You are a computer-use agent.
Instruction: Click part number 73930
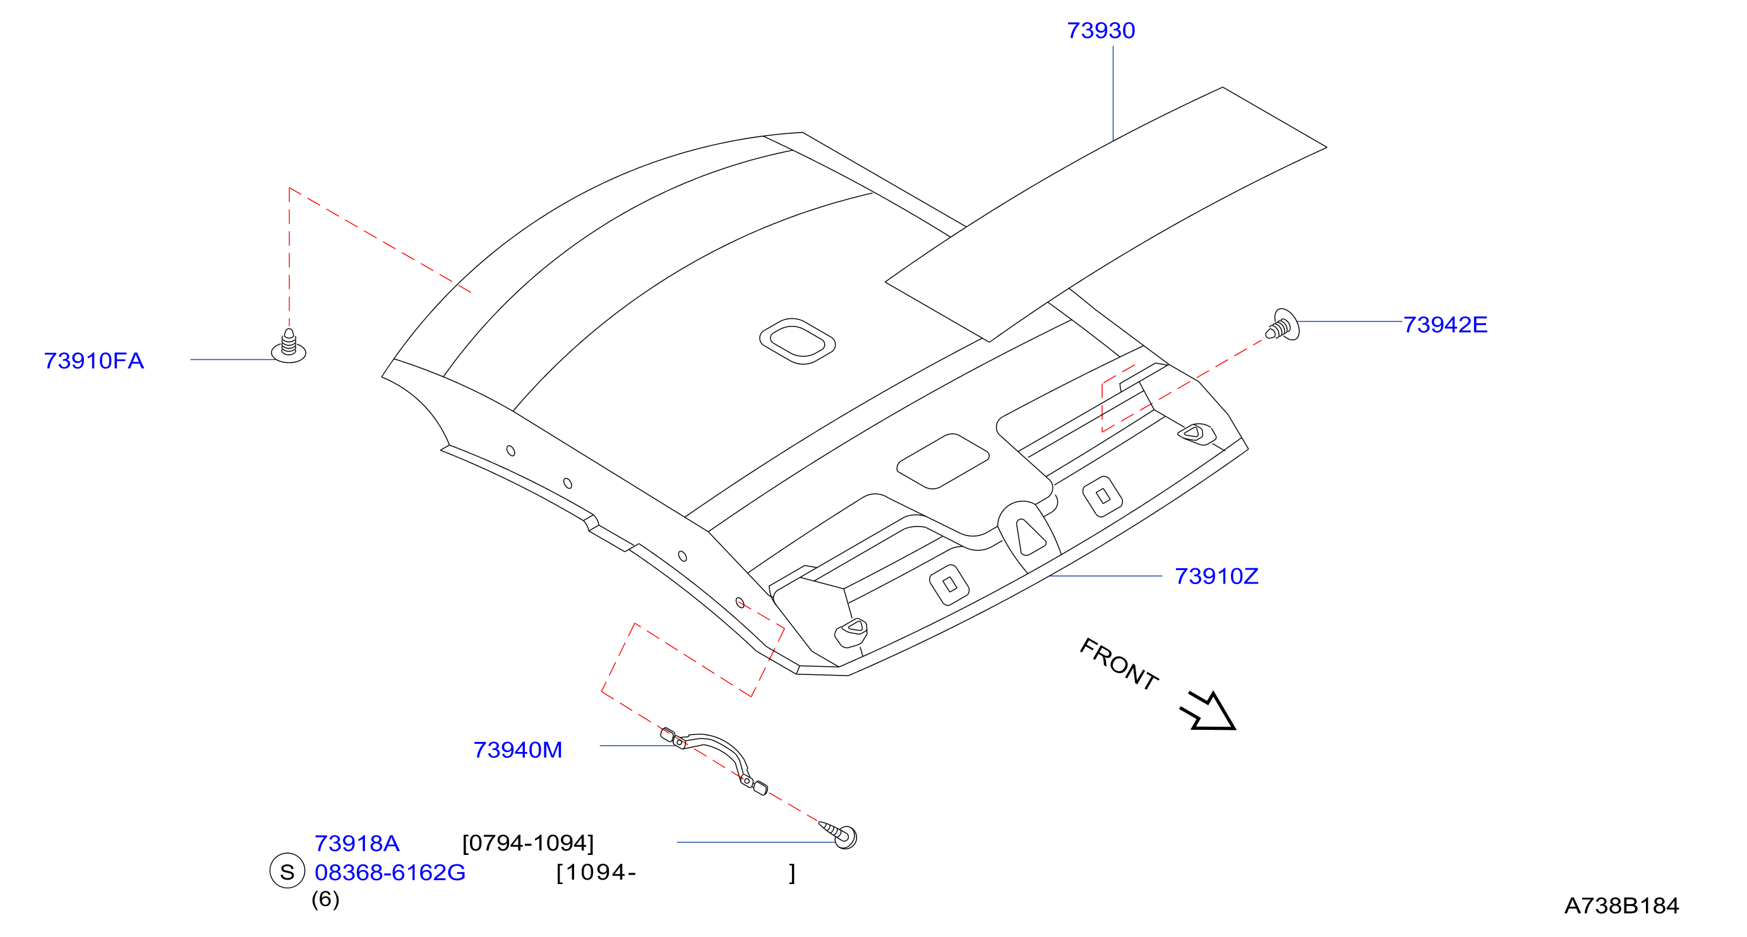tap(1101, 30)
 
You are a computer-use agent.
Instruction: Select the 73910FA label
tap(93, 361)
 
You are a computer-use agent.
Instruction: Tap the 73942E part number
tap(1445, 325)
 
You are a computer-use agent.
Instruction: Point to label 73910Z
tap(1216, 576)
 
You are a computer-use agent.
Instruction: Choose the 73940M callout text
tap(517, 750)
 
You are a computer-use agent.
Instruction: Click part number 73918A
tap(357, 844)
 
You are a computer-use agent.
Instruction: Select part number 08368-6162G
tap(390, 873)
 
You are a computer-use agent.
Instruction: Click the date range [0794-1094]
tap(527, 844)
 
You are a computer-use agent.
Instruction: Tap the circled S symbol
tap(287, 871)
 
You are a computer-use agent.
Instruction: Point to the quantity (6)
tap(325, 900)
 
